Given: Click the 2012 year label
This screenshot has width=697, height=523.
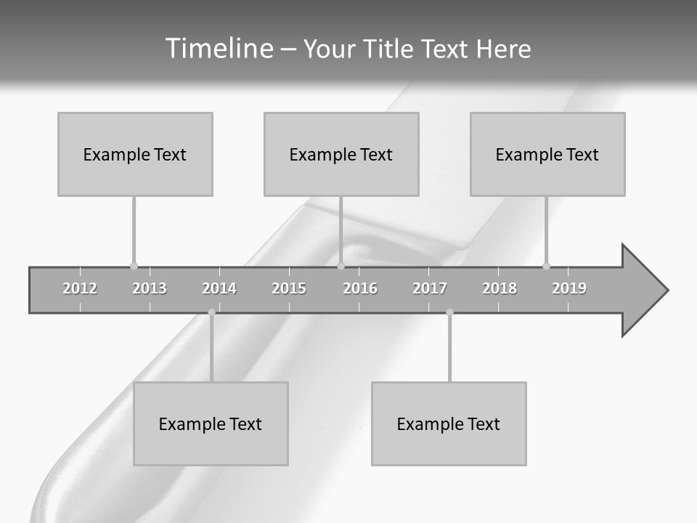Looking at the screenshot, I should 80,288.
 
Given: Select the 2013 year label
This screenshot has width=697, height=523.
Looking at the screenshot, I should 150,288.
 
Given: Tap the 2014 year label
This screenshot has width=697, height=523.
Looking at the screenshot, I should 219,288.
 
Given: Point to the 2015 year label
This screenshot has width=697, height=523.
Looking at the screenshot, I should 289,288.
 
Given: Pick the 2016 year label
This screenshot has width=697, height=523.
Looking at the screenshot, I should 360,288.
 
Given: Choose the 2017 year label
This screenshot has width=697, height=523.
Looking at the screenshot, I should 430,288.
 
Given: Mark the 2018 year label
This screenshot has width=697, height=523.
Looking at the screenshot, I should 500,288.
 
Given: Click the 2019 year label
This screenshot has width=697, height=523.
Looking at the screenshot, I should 569,288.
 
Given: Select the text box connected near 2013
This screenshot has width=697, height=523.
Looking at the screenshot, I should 135,154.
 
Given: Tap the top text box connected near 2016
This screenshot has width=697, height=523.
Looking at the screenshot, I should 341,154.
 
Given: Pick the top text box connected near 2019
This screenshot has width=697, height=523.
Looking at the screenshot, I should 547,154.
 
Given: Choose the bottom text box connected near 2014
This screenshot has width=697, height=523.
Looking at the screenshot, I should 211,423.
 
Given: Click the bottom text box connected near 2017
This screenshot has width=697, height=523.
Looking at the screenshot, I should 449,423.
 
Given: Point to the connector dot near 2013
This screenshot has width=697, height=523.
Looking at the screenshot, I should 134,266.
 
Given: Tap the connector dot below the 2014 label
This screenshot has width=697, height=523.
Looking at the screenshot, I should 211,312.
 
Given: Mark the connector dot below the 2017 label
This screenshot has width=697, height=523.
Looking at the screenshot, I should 449,312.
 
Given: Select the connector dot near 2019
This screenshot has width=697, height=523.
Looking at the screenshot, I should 546,266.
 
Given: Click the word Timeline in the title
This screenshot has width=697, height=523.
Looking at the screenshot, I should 219,49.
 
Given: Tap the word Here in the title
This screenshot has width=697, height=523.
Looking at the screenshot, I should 503,49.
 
